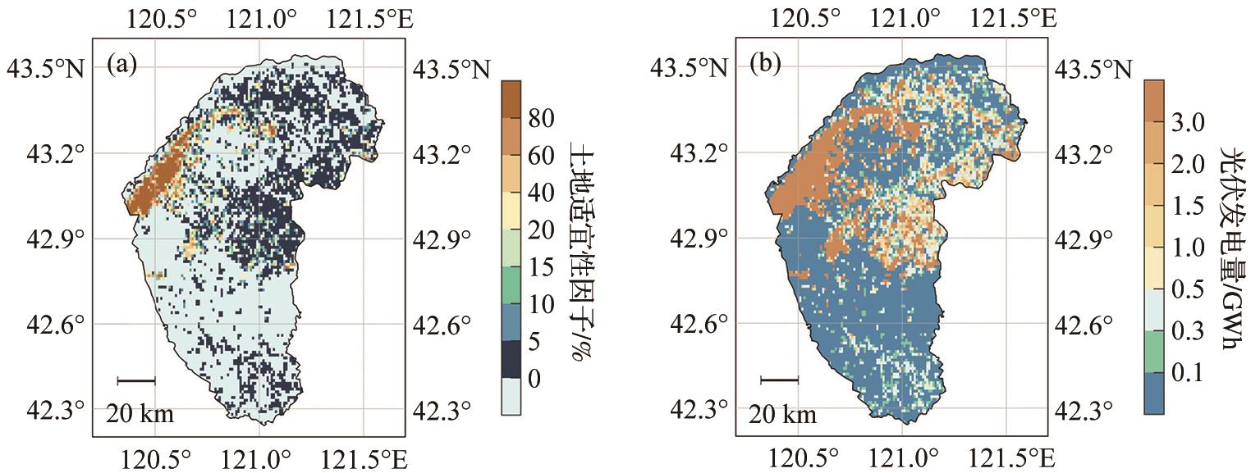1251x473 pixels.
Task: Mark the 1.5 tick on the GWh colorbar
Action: tap(1187, 206)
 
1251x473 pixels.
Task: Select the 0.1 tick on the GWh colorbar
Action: tap(1187, 372)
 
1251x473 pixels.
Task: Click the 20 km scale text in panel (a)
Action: tap(140, 414)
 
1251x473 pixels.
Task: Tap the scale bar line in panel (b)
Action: tap(779, 380)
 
